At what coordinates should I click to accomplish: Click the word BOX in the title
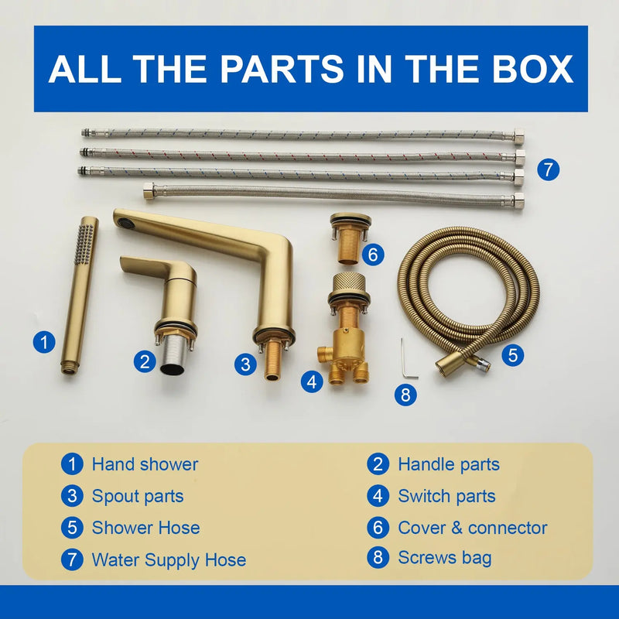(x=532, y=69)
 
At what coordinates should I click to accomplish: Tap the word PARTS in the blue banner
(x=282, y=69)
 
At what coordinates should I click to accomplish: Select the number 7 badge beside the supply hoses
(x=549, y=170)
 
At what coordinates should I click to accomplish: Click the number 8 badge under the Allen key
(x=405, y=395)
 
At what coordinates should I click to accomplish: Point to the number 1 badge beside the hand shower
(x=44, y=342)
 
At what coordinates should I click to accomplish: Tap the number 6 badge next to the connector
(x=373, y=255)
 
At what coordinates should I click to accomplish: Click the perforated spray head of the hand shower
(x=84, y=244)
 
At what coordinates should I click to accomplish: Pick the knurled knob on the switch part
(x=349, y=282)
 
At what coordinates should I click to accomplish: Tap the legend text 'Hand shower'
(x=145, y=464)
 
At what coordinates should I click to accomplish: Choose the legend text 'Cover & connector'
(x=473, y=528)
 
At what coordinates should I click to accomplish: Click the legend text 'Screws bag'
(x=445, y=558)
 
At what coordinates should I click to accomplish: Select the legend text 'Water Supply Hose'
(x=169, y=559)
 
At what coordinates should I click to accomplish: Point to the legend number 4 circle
(x=378, y=496)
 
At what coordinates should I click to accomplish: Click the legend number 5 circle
(x=72, y=528)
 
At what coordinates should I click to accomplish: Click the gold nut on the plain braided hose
(x=149, y=191)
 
